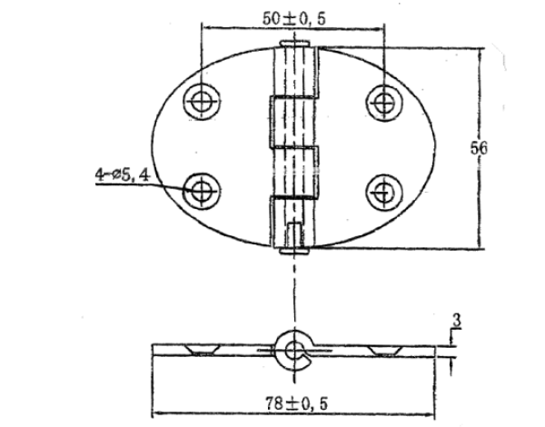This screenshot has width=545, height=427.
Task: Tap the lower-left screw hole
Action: pyautogui.click(x=200, y=190)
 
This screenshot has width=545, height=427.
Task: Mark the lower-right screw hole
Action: pyautogui.click(x=382, y=190)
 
